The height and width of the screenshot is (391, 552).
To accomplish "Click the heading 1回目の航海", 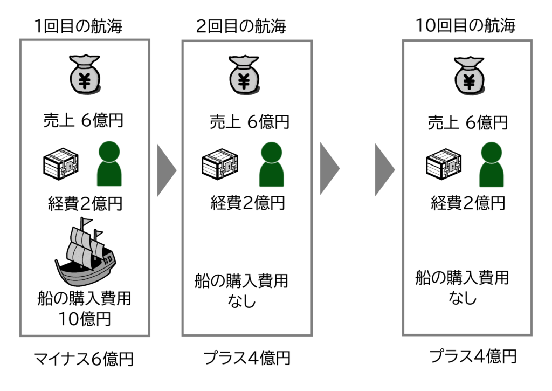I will (x=78, y=25).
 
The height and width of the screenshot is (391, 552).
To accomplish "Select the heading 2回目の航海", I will (x=240, y=26).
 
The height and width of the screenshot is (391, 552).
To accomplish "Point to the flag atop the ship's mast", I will (x=86, y=223).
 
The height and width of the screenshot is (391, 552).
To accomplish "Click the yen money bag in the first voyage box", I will (x=85, y=76).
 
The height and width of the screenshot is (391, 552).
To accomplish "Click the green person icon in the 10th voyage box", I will (x=491, y=164).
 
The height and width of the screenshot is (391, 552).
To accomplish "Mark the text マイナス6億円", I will (x=84, y=359).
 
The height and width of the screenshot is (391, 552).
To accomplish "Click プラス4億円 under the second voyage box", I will (x=247, y=358).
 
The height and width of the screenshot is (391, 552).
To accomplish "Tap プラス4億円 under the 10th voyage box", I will (x=473, y=356).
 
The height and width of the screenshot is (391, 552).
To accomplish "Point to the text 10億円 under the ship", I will (x=84, y=319).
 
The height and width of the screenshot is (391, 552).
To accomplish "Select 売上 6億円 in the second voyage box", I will (x=249, y=122).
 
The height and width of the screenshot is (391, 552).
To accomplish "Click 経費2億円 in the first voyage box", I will (x=84, y=204).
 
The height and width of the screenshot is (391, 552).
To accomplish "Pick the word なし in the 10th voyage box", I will (x=463, y=297).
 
